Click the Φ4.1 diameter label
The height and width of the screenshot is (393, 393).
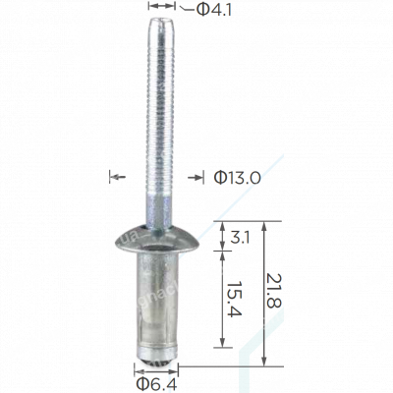214,10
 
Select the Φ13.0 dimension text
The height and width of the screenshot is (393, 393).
238,178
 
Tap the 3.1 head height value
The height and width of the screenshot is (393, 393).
240,237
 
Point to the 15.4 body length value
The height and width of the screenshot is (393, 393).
235,299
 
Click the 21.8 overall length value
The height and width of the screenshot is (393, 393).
274,291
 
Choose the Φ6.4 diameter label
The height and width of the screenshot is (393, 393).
156,384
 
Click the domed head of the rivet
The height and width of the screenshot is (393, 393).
157,239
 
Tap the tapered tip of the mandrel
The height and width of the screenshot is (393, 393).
160,25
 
